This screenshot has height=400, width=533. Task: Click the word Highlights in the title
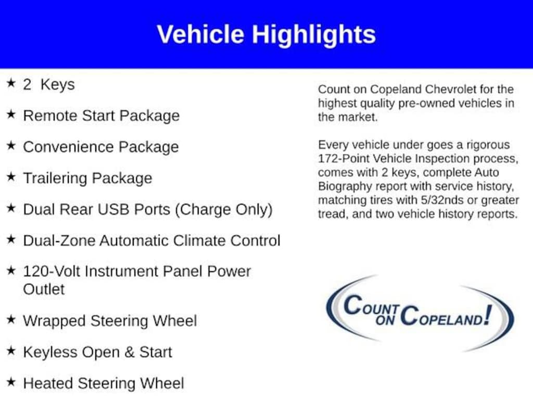coord(313,35)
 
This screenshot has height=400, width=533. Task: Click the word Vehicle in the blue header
coord(200,34)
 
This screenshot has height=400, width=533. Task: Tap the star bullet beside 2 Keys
coord(11,83)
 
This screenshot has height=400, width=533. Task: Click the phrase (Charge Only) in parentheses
coord(224,210)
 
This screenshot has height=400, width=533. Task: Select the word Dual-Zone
coord(59,241)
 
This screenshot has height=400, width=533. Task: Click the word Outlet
coord(44,290)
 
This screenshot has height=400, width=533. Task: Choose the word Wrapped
coord(54,321)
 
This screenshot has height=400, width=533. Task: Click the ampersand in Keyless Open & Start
coord(129,353)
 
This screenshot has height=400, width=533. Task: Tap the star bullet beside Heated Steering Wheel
coord(11,382)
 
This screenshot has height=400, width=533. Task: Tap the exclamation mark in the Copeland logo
coord(488,315)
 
